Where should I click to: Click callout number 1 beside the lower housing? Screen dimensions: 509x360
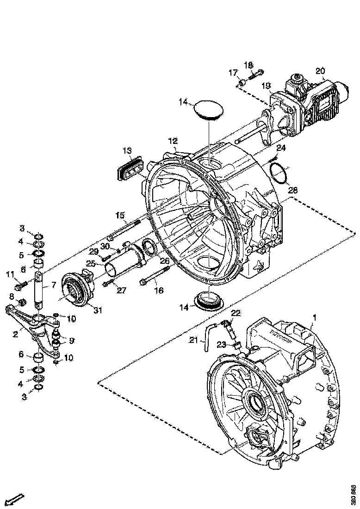coord(315,318)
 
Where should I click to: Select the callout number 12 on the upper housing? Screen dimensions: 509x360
coord(173,141)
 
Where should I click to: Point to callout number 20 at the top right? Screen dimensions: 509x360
coord(320,71)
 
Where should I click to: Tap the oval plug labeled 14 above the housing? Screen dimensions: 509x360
coord(208,111)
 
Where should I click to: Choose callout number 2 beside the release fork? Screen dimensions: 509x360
coord(15,334)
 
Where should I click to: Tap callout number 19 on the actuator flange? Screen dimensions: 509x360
coord(266,86)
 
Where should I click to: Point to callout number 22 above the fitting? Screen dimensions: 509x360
coord(236,313)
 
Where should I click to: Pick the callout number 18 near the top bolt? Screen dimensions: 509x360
coord(248,65)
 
